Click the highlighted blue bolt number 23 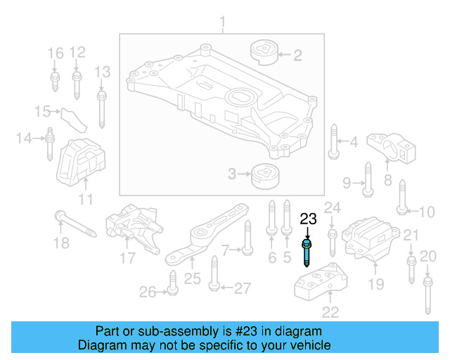308,252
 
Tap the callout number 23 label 308,219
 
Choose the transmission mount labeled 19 368,242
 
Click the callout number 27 241,288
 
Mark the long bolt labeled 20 427,296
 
